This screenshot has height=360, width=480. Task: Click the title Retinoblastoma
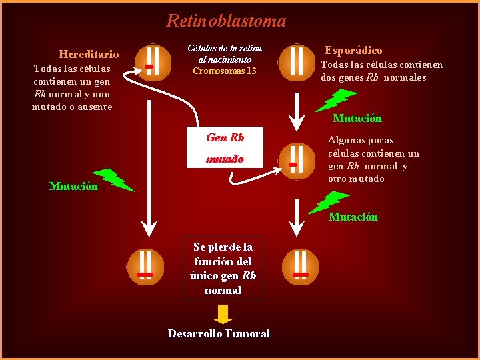click(226, 21)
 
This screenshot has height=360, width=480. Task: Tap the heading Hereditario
click(89, 54)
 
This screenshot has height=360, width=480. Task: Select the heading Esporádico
click(353, 51)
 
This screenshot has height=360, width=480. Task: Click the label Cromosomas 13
click(224, 71)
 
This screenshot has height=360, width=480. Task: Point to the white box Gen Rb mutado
click(225, 147)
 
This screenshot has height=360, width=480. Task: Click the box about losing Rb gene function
click(223, 268)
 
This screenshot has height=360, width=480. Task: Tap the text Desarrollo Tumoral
click(219, 333)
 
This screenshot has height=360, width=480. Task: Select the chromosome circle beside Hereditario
click(153, 61)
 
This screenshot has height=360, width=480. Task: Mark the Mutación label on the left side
click(73, 186)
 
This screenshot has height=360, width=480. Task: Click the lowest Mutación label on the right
click(353, 217)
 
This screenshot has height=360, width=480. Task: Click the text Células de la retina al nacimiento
click(224, 53)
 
